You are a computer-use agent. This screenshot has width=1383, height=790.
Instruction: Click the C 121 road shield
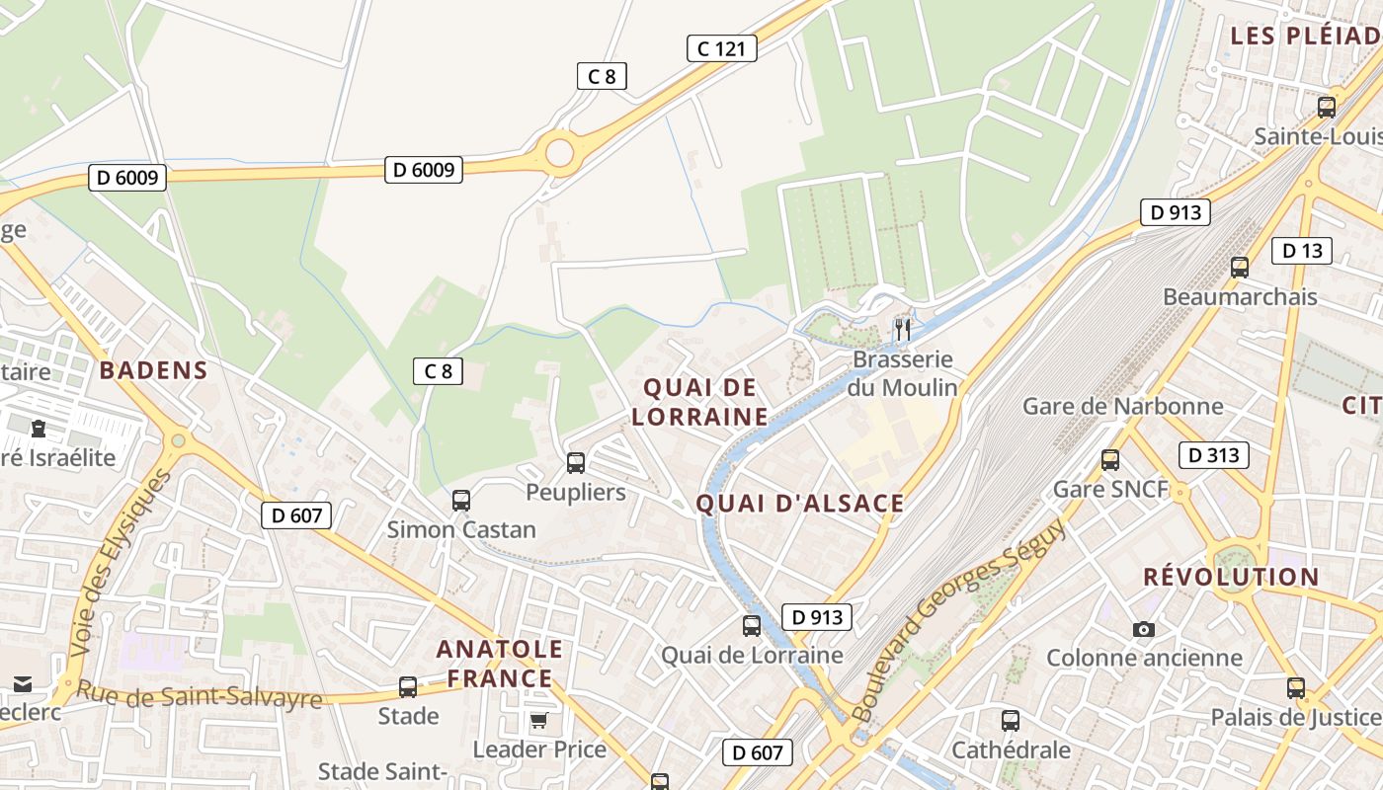(721, 48)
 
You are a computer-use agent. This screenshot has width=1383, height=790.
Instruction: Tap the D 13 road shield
(1301, 251)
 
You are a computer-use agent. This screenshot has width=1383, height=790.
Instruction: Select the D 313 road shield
(1213, 455)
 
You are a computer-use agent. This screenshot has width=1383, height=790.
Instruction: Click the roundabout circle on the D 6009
(559, 153)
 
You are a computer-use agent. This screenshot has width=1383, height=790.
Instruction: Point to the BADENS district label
(153, 370)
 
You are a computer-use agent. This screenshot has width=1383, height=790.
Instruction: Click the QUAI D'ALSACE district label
(800, 504)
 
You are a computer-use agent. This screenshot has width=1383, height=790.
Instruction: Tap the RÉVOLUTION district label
(1231, 577)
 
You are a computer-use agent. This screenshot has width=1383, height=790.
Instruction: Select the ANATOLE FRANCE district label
(500, 664)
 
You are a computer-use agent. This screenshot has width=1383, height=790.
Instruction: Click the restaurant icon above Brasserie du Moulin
(902, 329)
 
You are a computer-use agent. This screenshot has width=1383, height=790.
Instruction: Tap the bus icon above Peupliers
(575, 462)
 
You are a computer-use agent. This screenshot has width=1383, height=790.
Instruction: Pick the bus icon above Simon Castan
(461, 500)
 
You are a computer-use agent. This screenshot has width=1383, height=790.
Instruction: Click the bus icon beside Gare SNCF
(1110, 459)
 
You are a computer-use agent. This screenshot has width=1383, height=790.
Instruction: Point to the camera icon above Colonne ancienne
(1144, 629)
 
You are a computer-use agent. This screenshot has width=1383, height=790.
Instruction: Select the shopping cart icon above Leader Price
(538, 720)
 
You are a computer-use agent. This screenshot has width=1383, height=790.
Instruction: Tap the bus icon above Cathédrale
(1010, 721)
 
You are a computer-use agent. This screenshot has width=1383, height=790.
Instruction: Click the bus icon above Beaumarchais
(1239, 267)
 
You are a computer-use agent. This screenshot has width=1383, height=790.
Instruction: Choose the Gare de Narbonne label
(1122, 406)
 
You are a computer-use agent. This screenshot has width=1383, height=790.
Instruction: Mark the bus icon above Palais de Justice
(1295, 688)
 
